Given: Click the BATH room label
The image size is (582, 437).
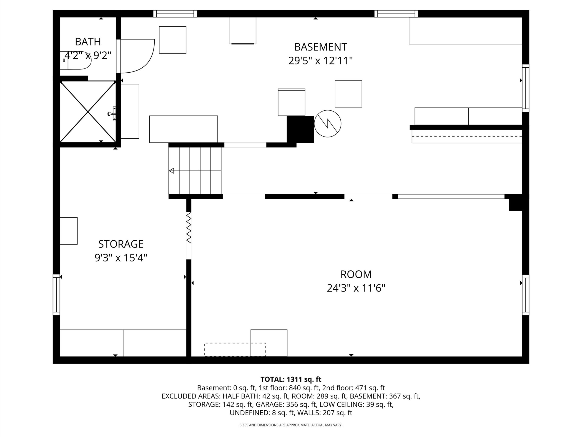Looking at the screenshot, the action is (88, 42).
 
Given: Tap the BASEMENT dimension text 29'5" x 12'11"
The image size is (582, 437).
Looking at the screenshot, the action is (321, 61).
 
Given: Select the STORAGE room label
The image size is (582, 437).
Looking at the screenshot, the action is (121, 244).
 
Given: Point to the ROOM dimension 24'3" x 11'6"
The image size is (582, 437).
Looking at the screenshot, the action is (356, 288).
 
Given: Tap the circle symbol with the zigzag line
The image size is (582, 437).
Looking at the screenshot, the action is (328, 124).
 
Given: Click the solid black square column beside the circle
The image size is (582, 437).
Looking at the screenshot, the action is (300, 129).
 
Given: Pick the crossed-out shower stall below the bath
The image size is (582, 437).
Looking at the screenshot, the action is (88, 112).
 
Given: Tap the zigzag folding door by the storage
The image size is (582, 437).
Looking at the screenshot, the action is (189, 228).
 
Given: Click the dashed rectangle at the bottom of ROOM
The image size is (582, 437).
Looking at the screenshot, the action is (235, 350).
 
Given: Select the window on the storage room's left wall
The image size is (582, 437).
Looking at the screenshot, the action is (56, 295).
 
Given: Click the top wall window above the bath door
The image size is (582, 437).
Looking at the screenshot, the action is (175, 14).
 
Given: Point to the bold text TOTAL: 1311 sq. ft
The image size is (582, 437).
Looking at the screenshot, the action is (291, 379).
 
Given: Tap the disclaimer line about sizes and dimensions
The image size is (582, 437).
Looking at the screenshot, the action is (291, 425).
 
